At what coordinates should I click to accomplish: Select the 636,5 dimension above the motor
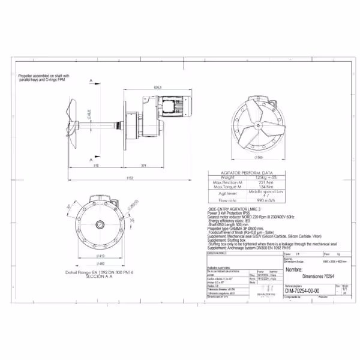(157, 87)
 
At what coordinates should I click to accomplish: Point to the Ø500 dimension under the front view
(259, 157)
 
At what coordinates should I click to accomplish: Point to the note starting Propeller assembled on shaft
(44, 77)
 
